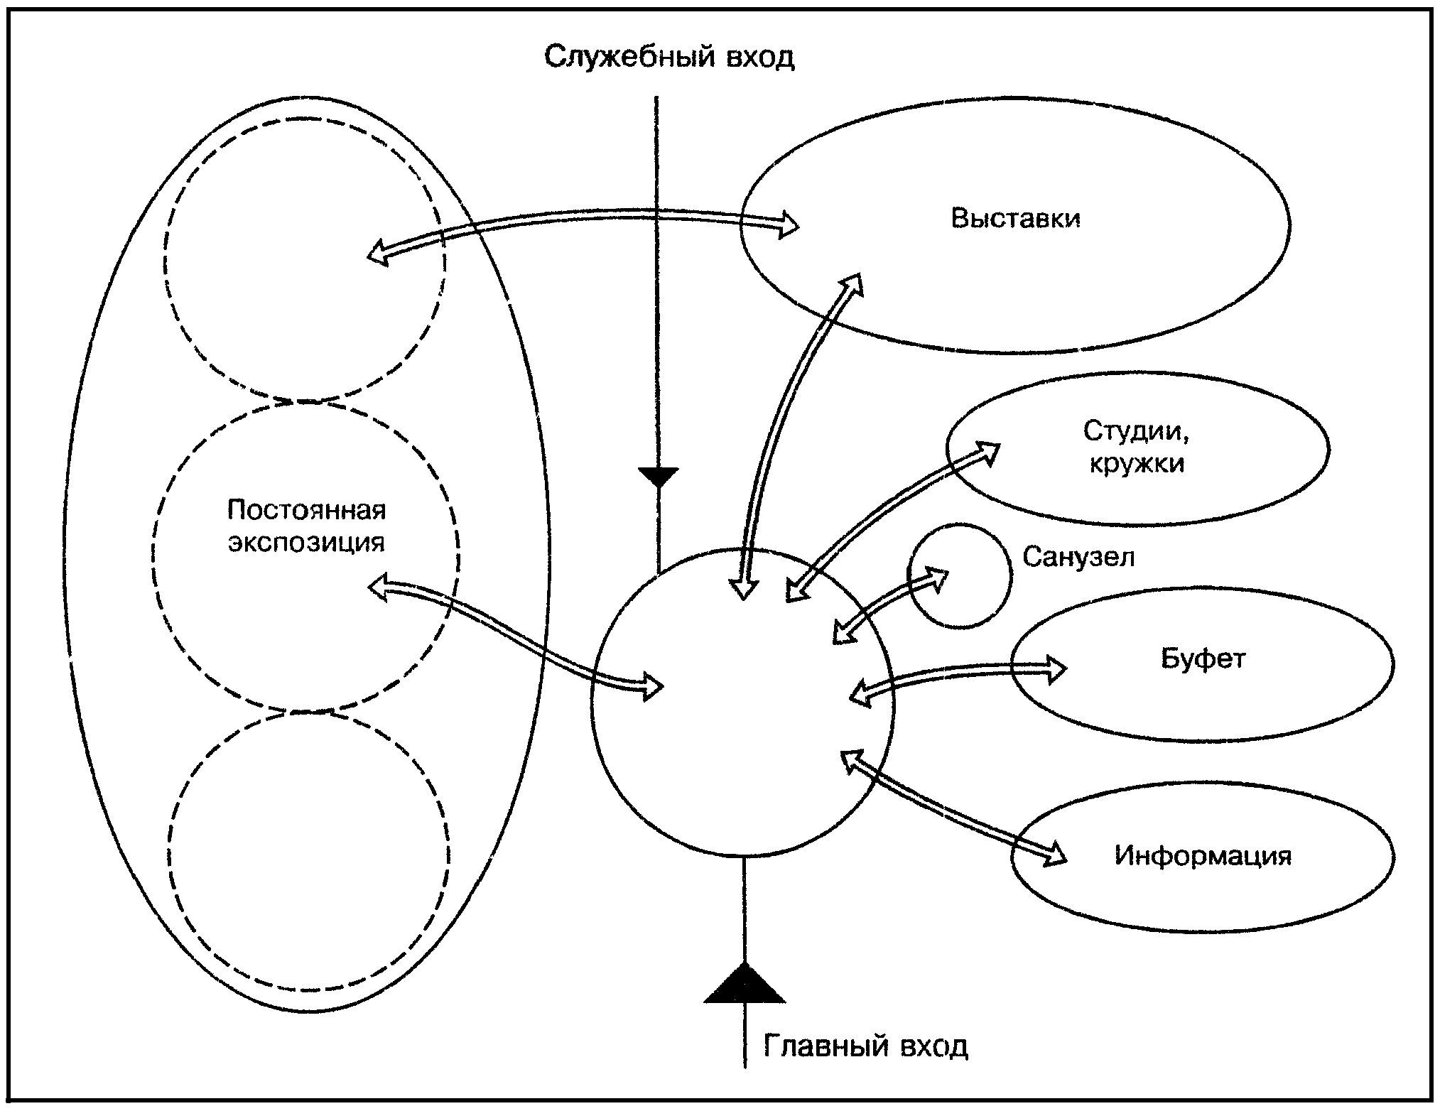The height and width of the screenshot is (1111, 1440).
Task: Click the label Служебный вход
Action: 669,57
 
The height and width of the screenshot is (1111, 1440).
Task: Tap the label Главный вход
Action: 865,1046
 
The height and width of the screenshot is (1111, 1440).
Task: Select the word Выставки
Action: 1016,218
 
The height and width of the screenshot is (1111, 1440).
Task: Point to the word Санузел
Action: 1078,557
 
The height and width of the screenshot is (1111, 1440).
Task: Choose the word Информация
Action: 1203,855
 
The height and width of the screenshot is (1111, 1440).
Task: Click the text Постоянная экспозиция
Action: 307,526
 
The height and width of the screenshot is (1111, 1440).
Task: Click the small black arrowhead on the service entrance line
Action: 659,477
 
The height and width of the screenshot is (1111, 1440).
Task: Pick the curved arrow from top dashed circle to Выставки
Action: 583,217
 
